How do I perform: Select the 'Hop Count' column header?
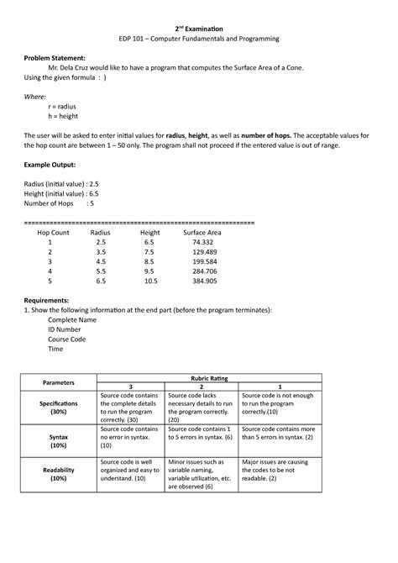point(53,230)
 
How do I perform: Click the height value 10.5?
point(151,282)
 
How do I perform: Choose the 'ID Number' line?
point(65,330)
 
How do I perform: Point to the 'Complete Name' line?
point(72,320)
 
